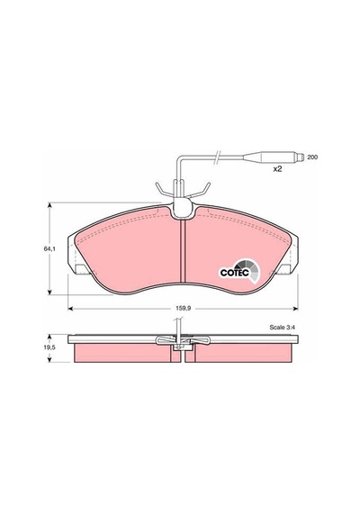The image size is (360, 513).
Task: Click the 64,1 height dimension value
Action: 49,249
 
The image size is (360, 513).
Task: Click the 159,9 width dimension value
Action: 183,308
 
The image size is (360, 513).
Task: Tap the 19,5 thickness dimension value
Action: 49,348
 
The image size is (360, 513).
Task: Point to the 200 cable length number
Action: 312,157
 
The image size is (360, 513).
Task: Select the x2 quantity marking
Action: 277,169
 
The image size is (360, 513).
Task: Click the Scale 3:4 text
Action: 283,328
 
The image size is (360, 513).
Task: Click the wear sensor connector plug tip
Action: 300,157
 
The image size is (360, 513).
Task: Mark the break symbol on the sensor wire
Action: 217,157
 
